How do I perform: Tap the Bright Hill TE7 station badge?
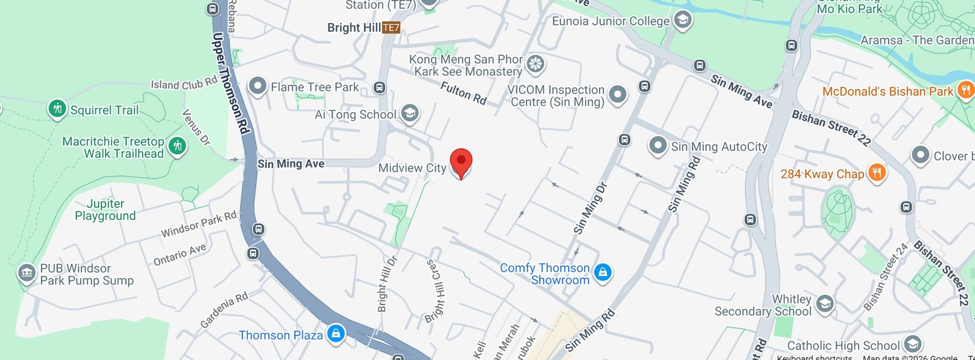tap(391, 27)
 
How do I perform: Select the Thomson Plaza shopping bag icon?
tap(336, 333)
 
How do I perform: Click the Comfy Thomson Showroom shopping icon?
tap(603, 272)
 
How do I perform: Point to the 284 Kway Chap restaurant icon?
tap(876, 173)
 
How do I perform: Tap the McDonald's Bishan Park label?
tap(887, 91)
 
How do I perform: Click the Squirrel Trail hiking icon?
tap(57, 109)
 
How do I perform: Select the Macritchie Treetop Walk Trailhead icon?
tap(177, 146)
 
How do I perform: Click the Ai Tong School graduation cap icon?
tap(409, 113)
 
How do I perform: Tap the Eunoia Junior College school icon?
tap(682, 20)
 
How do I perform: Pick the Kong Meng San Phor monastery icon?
tap(535, 64)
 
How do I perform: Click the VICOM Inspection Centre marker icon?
tap(617, 94)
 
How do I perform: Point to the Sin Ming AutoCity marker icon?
tap(658, 146)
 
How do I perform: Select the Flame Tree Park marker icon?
tap(258, 86)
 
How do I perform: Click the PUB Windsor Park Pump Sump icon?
tap(26, 273)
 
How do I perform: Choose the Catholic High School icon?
tap(912, 344)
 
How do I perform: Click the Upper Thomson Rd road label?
tap(230, 83)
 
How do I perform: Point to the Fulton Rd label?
tap(464, 93)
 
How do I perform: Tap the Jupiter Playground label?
tap(105, 210)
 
